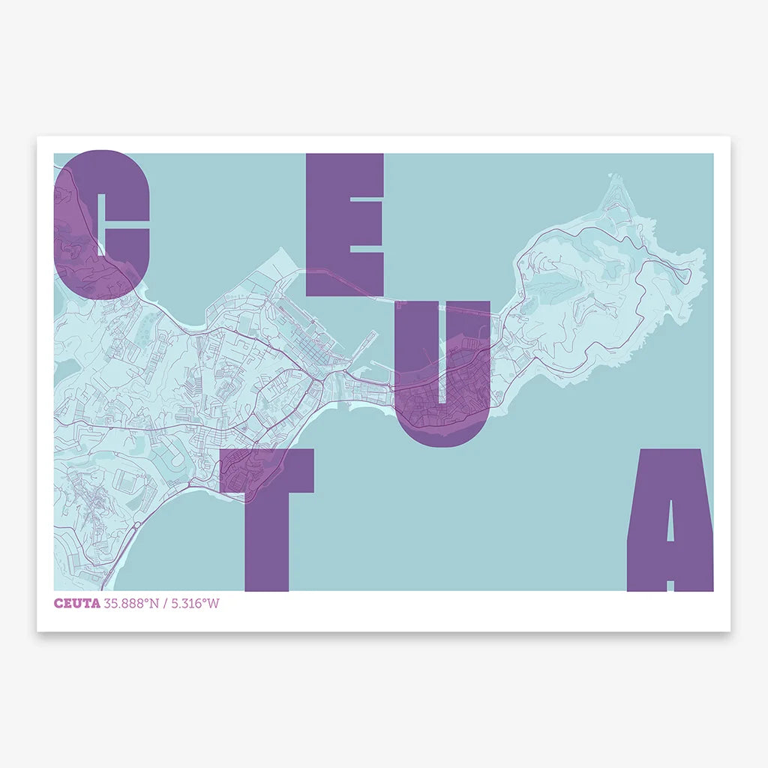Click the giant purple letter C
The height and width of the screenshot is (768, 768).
coord(75,225)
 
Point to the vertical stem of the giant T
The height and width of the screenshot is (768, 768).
coord(266,540)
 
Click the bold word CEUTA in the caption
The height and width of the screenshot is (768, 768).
coord(76,604)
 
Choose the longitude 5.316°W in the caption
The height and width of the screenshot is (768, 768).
coord(196,604)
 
